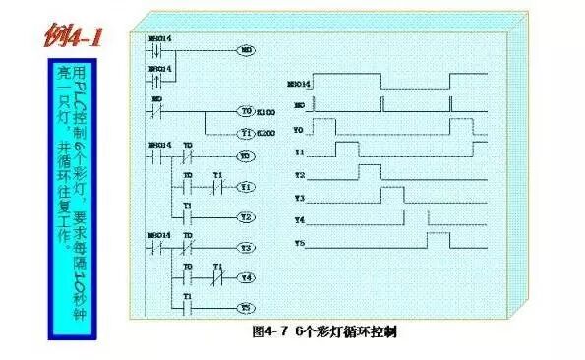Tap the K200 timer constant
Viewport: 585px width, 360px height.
[264, 133]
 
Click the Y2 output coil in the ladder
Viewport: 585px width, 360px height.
[247, 216]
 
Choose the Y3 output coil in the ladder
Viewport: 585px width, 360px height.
[247, 248]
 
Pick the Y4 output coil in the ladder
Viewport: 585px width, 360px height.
[247, 277]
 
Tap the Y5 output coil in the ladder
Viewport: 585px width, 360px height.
[247, 308]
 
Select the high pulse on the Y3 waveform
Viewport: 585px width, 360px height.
[392, 194]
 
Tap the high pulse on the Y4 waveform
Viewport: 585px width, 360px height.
[415, 215]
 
